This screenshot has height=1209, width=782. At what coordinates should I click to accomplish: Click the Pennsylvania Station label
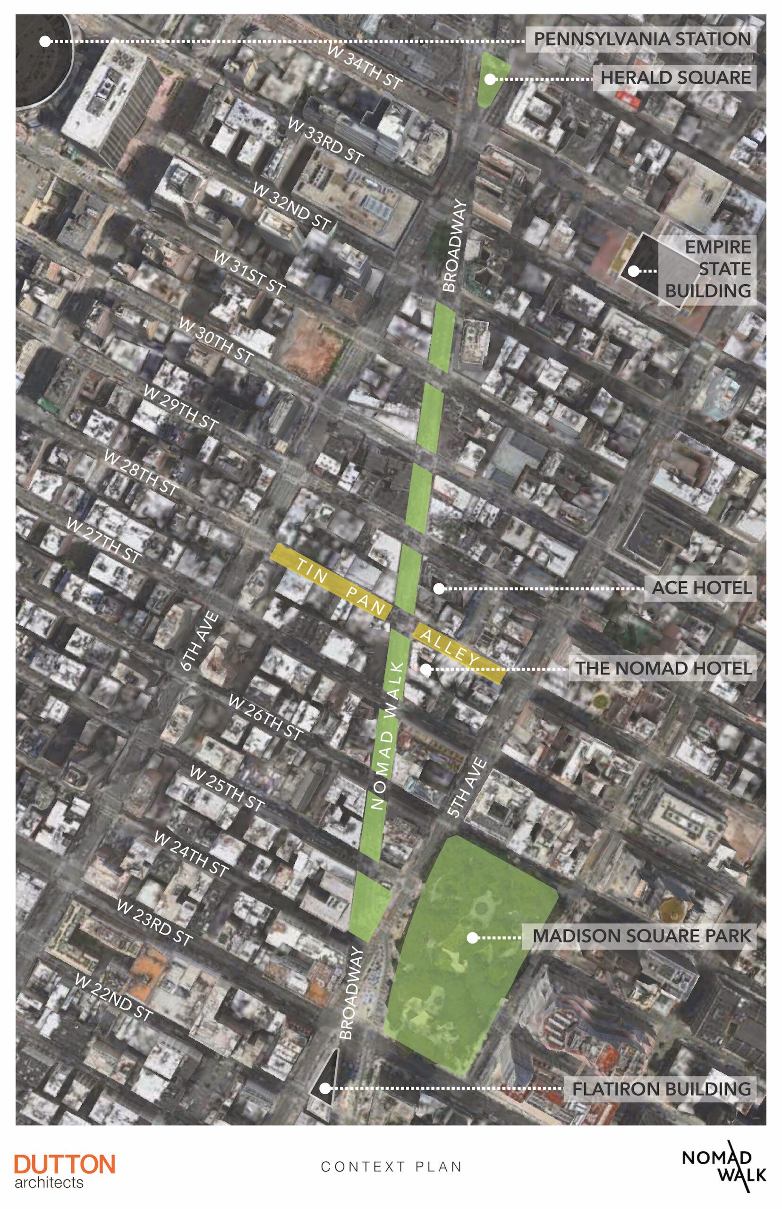(x=642, y=39)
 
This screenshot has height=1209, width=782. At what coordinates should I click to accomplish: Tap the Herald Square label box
(x=675, y=78)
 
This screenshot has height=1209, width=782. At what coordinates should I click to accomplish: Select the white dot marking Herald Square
(x=490, y=79)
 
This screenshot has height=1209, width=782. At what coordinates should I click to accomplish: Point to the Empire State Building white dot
(x=633, y=271)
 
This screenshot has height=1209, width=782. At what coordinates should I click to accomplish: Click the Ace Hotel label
(x=701, y=588)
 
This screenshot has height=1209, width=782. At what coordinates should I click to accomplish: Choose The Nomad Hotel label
(x=663, y=668)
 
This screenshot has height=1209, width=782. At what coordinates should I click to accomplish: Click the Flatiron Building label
(x=661, y=1089)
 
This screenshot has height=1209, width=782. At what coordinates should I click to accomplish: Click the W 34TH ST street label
(x=365, y=66)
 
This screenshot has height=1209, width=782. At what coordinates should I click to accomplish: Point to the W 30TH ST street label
(x=216, y=341)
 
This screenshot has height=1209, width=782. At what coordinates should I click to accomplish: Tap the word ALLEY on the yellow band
(x=450, y=648)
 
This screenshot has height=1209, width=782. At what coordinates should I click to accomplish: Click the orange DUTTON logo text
(x=65, y=1164)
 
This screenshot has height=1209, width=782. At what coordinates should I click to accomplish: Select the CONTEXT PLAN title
(x=391, y=1167)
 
